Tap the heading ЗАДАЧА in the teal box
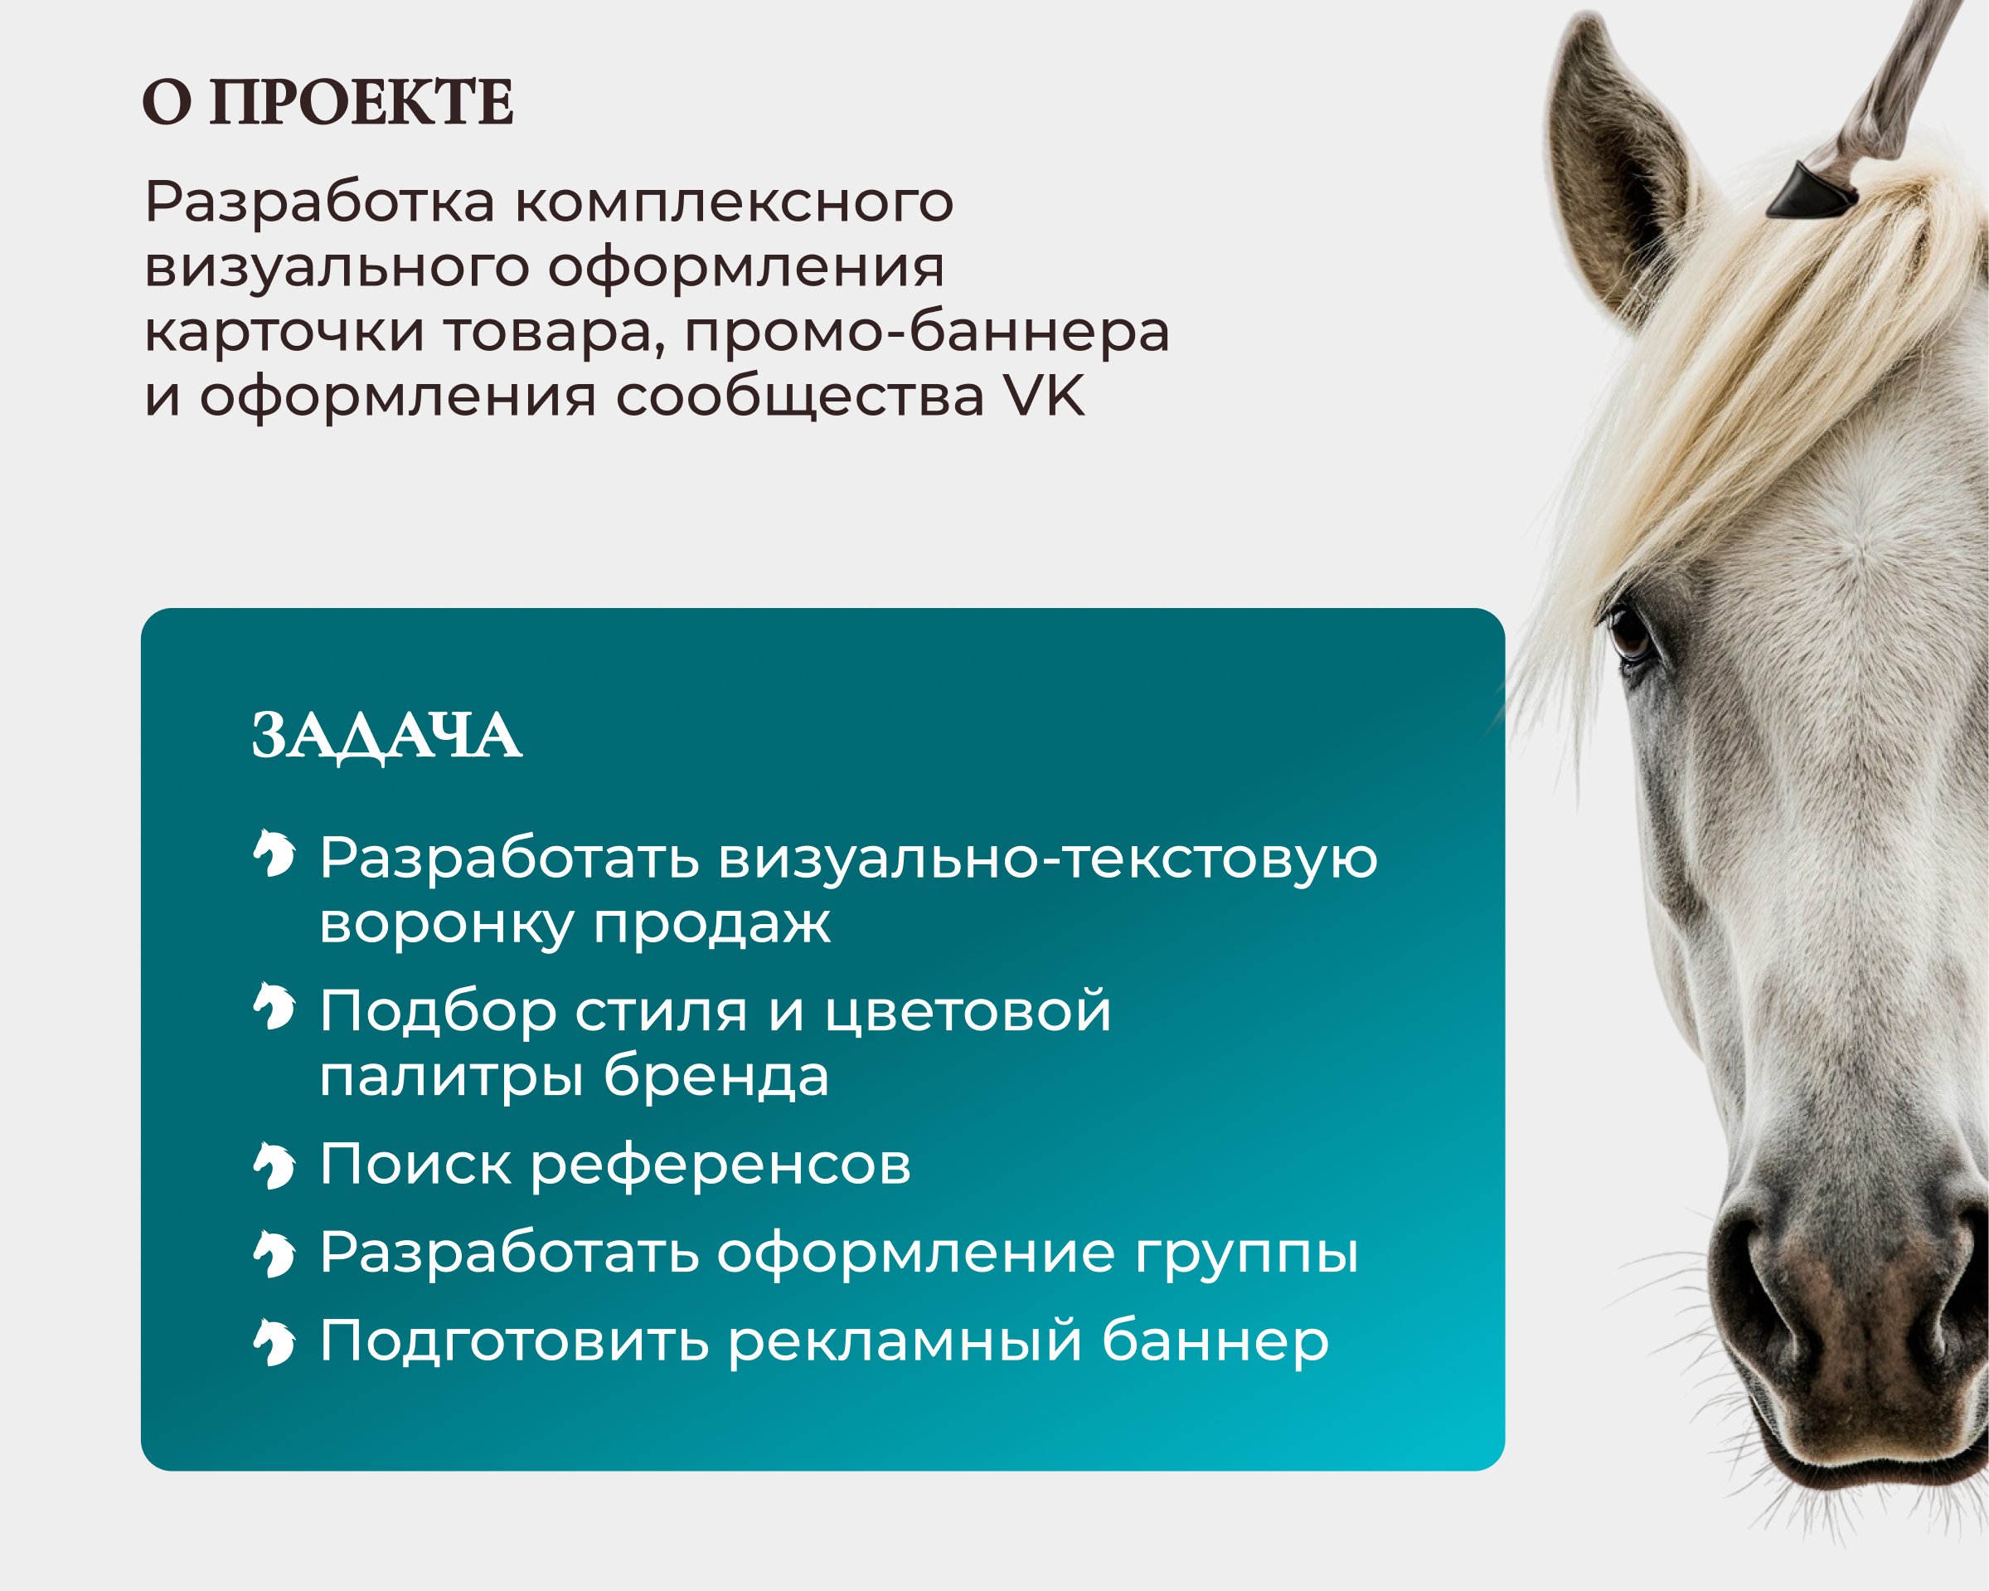tap(386, 736)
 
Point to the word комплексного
tap(734, 202)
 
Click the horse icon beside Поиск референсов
tap(274, 1165)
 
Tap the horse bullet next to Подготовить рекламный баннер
tap(274, 1342)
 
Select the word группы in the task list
tap(1246, 1254)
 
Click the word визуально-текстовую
tap(1047, 858)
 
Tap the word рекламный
tap(904, 1341)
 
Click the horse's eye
tap(1630, 634)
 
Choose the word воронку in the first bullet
tap(445, 923)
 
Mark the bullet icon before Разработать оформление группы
tap(274, 1254)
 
